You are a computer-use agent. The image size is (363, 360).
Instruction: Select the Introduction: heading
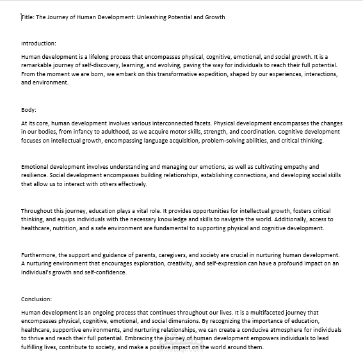click(38, 43)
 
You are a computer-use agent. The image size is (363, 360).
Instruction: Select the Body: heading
click(29, 110)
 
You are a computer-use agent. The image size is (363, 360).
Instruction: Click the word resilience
click(36, 176)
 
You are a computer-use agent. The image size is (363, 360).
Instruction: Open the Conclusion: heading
click(36, 299)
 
